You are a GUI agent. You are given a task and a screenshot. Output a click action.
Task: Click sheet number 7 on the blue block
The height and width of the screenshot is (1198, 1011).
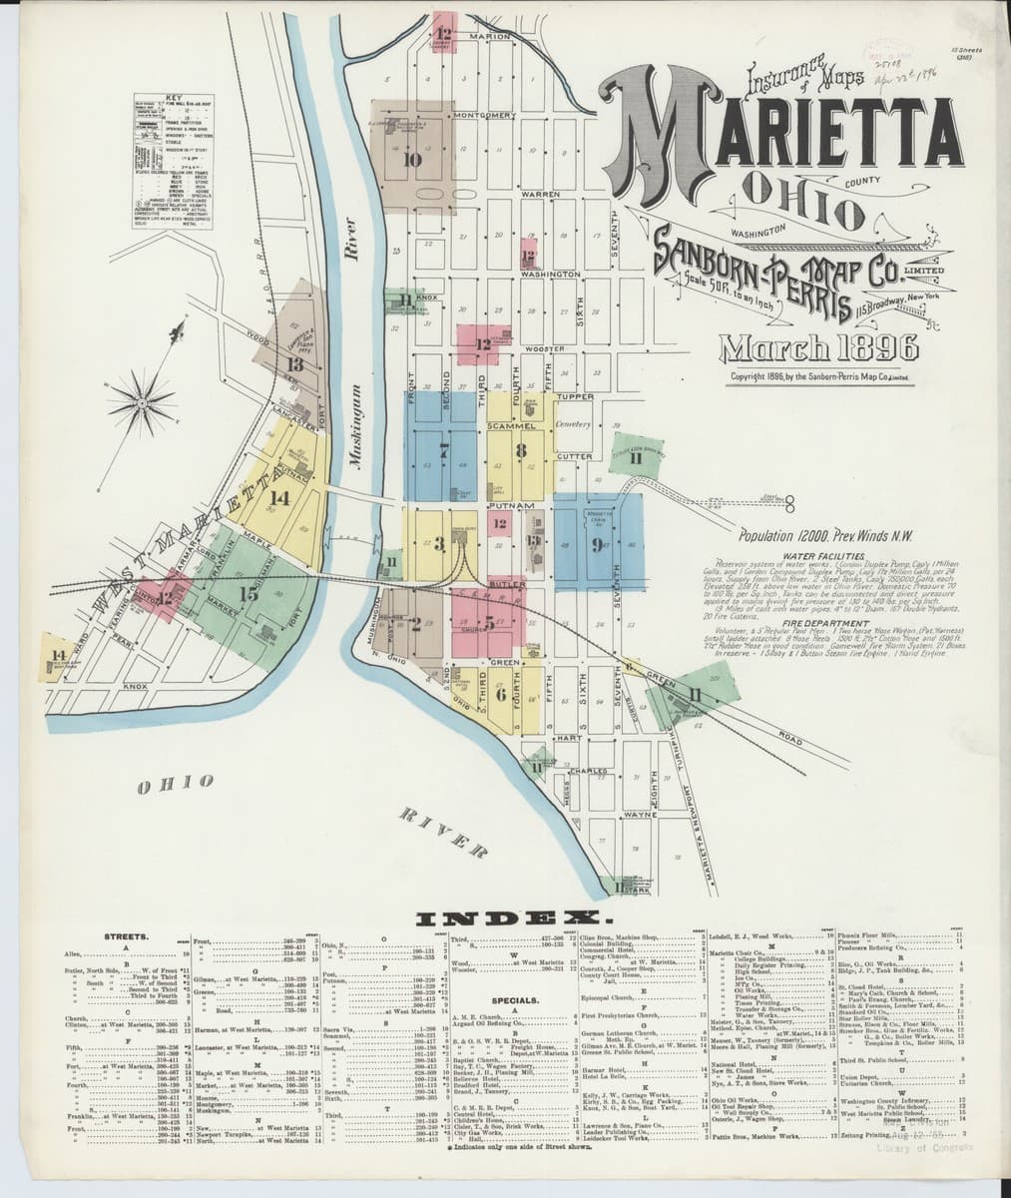[442, 448]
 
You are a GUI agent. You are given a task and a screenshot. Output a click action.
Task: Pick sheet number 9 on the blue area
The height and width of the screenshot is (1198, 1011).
[596, 544]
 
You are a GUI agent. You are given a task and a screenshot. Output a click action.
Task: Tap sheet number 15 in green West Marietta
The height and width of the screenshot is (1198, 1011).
[249, 593]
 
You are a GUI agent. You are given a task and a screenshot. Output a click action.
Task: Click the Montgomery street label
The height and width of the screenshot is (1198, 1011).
[483, 116]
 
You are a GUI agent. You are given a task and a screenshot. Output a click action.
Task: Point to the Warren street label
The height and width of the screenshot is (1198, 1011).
[539, 194]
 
